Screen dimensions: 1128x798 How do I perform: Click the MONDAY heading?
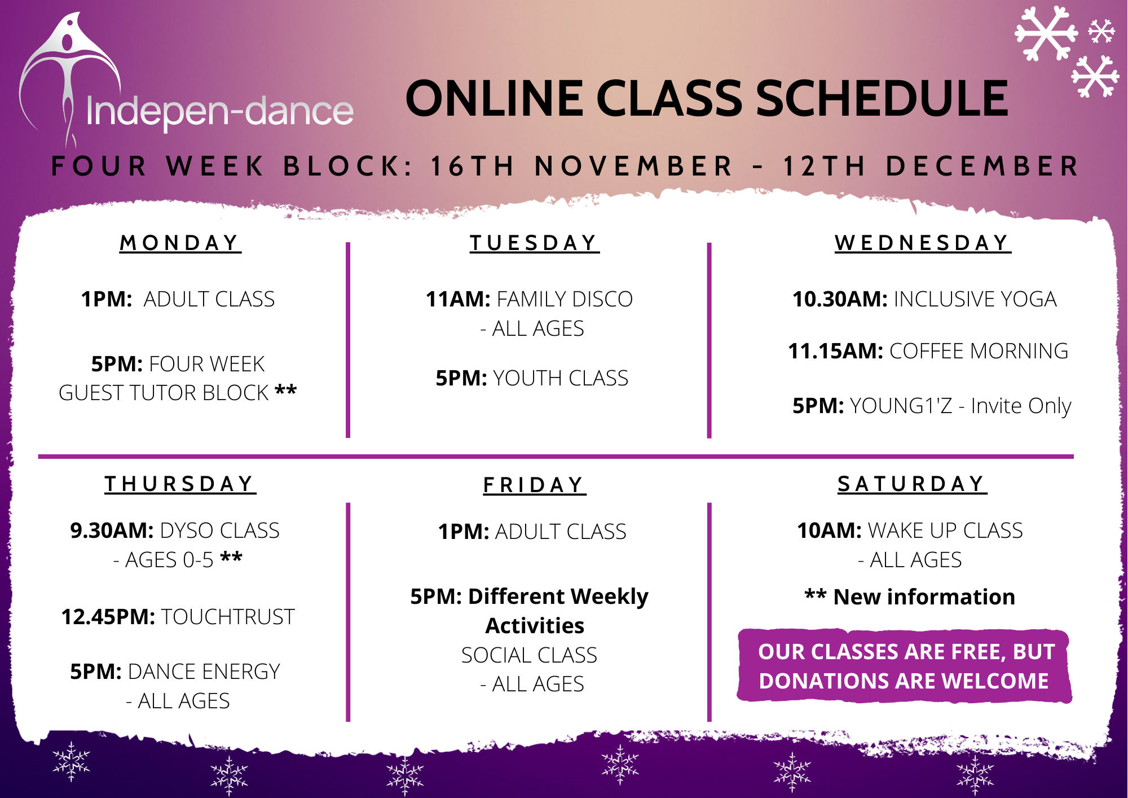(180, 243)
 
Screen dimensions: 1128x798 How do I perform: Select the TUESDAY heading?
(535, 243)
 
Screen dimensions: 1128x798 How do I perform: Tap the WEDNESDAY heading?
(923, 243)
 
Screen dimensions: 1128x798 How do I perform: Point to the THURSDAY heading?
(180, 484)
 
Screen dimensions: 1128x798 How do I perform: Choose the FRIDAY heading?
(535, 485)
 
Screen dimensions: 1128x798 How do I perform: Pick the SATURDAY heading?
(912, 484)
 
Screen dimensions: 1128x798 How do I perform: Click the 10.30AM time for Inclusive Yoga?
(840, 299)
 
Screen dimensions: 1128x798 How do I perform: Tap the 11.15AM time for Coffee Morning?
(835, 351)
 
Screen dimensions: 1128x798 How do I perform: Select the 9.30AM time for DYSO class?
(112, 530)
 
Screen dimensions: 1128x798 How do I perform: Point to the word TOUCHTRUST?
(228, 617)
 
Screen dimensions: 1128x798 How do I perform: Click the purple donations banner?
(904, 666)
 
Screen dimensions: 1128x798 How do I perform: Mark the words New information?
(924, 597)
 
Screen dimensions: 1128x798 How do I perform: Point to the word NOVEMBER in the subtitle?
(633, 166)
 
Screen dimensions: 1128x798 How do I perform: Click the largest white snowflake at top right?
(1046, 33)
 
